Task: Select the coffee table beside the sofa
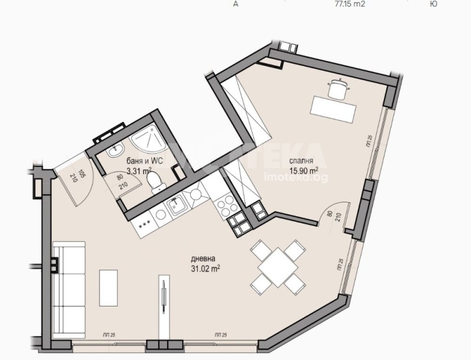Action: click(108, 285)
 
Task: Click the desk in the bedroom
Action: click(333, 109)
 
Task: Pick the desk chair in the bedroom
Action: click(337, 88)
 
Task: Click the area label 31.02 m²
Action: click(205, 269)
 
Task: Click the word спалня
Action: click(300, 161)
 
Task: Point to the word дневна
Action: click(203, 259)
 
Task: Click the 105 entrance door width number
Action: click(82, 174)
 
